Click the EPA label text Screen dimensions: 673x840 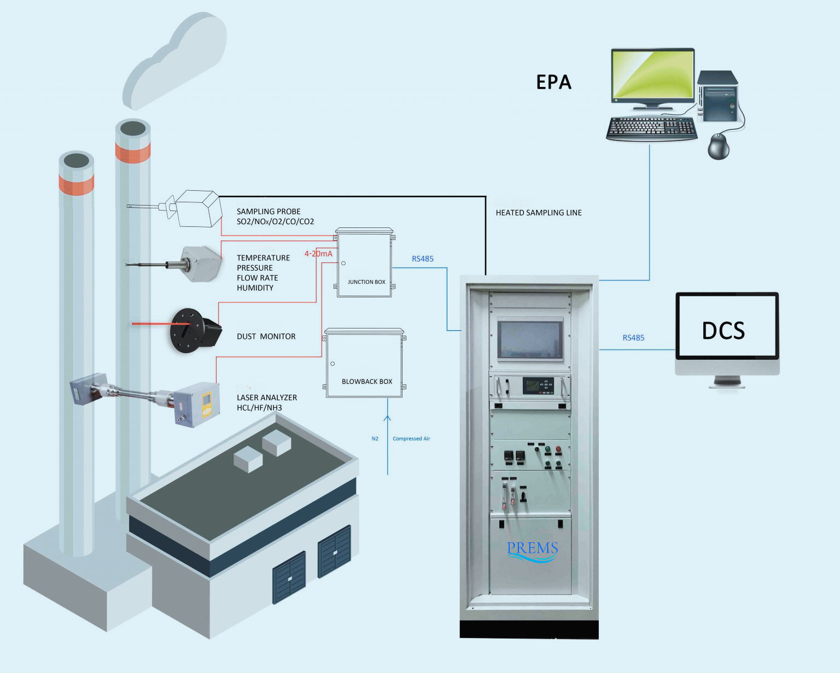point(553,82)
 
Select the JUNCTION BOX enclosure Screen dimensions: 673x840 point(364,264)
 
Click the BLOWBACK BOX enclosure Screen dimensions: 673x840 point(365,363)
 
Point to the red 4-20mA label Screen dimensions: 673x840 point(318,254)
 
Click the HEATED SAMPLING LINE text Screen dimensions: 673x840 point(538,213)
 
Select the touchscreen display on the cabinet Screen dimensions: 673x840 point(530,340)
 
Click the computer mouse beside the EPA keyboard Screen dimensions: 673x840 point(718,147)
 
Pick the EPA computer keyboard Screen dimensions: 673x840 point(651,129)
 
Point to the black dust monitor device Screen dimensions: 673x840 point(194,330)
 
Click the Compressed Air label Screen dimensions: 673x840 point(411,438)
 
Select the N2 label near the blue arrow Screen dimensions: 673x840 point(375,438)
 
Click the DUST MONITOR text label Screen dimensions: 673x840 point(266,336)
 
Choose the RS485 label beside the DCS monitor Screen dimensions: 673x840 point(633,338)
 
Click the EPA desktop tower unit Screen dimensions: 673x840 point(717,96)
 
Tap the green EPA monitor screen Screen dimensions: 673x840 point(652,75)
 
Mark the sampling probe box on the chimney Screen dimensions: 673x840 point(198,209)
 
